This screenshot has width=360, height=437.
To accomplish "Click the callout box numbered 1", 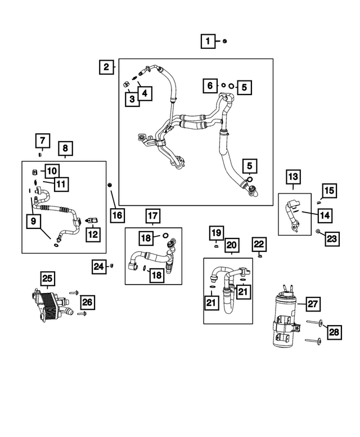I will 208,40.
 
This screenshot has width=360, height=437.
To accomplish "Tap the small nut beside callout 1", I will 224,41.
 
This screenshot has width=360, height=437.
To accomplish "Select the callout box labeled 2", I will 106,67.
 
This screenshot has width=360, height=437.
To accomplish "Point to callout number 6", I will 210,85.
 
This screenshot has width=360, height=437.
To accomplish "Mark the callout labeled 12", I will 93,233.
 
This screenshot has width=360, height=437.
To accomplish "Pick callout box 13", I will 294,178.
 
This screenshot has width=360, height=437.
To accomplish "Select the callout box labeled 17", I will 153,215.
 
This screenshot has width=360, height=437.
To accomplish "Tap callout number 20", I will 232,245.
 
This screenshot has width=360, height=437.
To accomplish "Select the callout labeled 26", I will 87,302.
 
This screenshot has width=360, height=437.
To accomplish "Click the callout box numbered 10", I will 51,170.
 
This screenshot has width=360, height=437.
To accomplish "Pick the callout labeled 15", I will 329,191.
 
